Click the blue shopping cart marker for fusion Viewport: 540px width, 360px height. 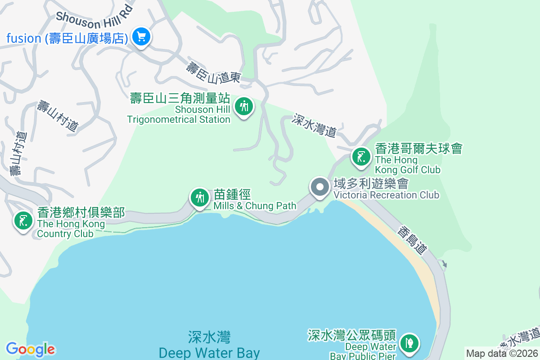pos(141,36)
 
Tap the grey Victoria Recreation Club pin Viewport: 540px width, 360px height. pos(320,187)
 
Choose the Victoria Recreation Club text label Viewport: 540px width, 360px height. pos(386,189)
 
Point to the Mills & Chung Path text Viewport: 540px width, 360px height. pos(255,200)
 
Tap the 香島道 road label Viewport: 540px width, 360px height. pos(411,240)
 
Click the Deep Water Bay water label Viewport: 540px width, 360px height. pos(209,345)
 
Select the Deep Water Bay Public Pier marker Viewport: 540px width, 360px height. pos(409,343)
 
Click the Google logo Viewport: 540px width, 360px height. pos(30,349)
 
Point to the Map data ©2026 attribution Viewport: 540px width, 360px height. pos(502,353)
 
